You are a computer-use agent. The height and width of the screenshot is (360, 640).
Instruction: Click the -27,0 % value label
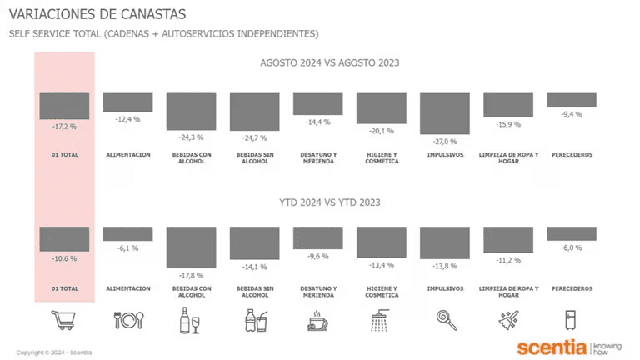pyautogui.click(x=445, y=142)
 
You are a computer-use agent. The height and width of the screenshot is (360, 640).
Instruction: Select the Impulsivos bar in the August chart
pyautogui.click(x=445, y=113)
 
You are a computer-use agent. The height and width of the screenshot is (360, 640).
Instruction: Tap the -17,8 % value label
pyautogui.click(x=191, y=276)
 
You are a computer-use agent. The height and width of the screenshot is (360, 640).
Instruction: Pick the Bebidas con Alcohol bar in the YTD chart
pyautogui.click(x=191, y=247)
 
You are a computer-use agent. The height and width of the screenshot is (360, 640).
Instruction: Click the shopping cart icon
pyautogui.click(x=63, y=320)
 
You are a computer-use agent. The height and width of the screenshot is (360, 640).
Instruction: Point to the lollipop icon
pyautogui.click(x=447, y=320)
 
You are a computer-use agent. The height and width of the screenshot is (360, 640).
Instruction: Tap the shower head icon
pyautogui.click(x=380, y=320)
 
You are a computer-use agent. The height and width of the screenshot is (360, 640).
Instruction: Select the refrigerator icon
pyautogui.click(x=571, y=320)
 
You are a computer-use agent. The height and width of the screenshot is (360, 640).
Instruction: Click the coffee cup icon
pyautogui.click(x=317, y=320)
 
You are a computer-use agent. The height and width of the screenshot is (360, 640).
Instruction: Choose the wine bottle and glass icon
pyautogui.click(x=190, y=320)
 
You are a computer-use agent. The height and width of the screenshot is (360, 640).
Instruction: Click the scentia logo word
pyautogui.click(x=552, y=347)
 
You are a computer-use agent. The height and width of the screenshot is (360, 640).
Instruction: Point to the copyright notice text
pyautogui.click(x=54, y=352)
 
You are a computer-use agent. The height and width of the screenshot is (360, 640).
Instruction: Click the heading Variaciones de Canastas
pyautogui.click(x=97, y=14)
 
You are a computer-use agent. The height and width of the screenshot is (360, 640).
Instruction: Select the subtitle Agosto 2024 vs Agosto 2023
pyautogui.click(x=330, y=62)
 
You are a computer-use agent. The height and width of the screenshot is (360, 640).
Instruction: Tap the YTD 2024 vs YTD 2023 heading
pyautogui.click(x=330, y=202)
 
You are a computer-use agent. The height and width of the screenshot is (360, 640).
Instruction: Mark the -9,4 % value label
pyautogui.click(x=572, y=114)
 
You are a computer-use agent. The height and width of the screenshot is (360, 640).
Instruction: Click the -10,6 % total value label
pyautogui.click(x=64, y=259)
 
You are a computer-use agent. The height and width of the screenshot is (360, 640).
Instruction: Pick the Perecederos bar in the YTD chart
pyautogui.click(x=572, y=234)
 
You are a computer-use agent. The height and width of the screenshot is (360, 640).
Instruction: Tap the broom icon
pyautogui.click(x=508, y=320)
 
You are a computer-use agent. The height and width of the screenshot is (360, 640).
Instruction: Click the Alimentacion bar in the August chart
pyautogui.click(x=127, y=102)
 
